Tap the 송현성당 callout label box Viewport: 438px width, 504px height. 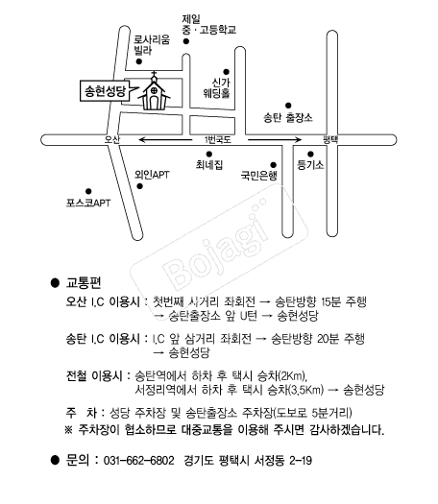click(x=105, y=91)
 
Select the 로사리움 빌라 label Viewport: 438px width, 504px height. click(x=152, y=45)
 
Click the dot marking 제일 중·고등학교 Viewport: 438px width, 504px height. click(x=186, y=41)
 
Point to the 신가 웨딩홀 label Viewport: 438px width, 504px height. click(x=217, y=87)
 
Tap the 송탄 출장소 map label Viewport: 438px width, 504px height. click(x=288, y=118)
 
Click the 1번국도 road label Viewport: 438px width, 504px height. click(x=218, y=140)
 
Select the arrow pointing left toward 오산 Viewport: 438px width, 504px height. click(x=165, y=140)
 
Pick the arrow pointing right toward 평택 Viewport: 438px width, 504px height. click(x=275, y=140)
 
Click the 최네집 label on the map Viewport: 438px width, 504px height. click(x=209, y=165)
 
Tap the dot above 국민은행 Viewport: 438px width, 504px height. click(x=273, y=165)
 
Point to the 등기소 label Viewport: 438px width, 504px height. click(x=310, y=165)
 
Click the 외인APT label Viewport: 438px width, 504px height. click(x=152, y=175)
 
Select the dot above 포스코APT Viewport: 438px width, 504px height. click(x=88, y=192)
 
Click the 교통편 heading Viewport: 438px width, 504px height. click(x=84, y=282)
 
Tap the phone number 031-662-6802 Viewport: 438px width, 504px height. click(x=138, y=460)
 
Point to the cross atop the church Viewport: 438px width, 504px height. click(x=155, y=75)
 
